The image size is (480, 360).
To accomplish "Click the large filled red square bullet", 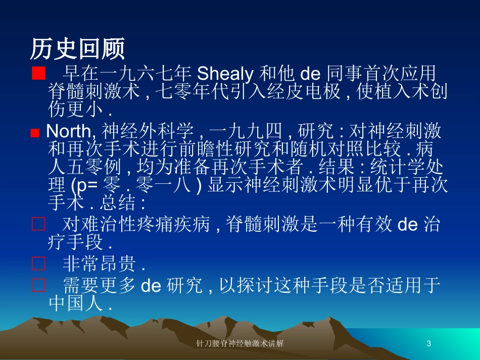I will click(38, 73).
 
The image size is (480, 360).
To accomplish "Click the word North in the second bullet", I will click(69, 132).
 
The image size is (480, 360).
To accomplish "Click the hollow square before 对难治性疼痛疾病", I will click(39, 224).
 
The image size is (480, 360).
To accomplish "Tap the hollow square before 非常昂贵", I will click(39, 264).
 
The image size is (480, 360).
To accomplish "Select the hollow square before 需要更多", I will click(39, 286).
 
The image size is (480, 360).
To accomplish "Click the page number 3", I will click(429, 344).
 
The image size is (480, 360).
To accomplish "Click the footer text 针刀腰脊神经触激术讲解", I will click(239, 344).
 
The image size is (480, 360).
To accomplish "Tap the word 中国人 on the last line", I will click(72, 304).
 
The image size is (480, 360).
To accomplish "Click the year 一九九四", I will click(245, 132).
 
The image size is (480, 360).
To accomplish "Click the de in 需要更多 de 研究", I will click(150, 286).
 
